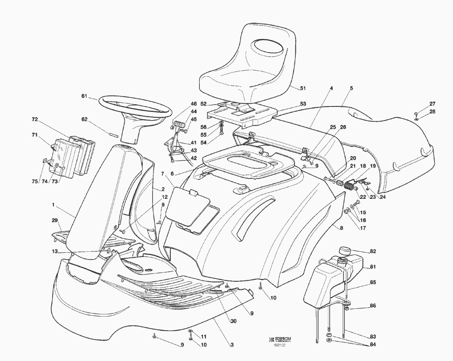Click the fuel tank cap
click(345, 250)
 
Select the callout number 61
click(84, 96)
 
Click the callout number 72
click(34, 120)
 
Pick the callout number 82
click(373, 251)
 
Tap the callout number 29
click(55, 220)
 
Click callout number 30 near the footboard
click(233, 321)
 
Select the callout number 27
click(432, 104)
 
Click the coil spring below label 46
click(180, 123)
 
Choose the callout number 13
click(55, 252)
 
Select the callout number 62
click(84, 120)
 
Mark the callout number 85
click(373, 283)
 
